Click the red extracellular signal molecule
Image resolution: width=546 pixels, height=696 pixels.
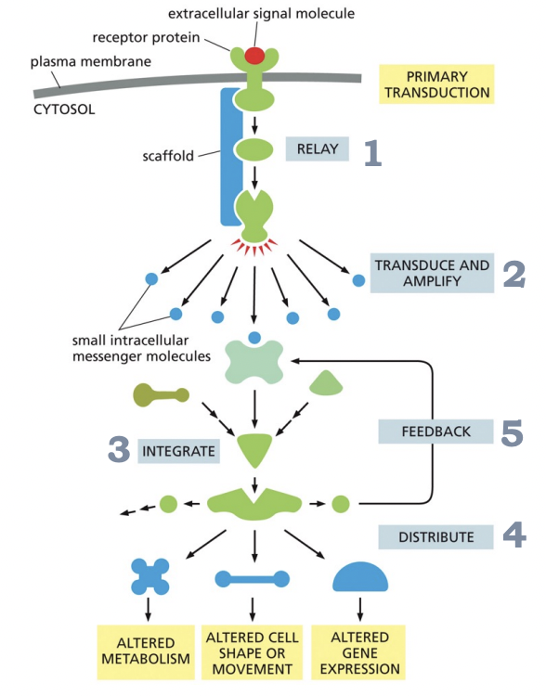point(253,56)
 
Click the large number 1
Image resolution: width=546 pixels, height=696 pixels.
point(372,152)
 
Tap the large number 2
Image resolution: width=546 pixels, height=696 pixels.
point(514,274)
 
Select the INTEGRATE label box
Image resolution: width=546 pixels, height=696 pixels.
point(179,452)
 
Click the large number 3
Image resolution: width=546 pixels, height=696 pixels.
point(118,450)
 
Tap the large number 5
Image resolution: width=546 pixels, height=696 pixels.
point(512,434)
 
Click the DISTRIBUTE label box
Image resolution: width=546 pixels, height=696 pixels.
point(435,536)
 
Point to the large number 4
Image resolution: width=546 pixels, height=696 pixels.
point(513,535)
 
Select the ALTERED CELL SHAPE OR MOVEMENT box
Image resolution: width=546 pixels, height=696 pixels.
point(252,651)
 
